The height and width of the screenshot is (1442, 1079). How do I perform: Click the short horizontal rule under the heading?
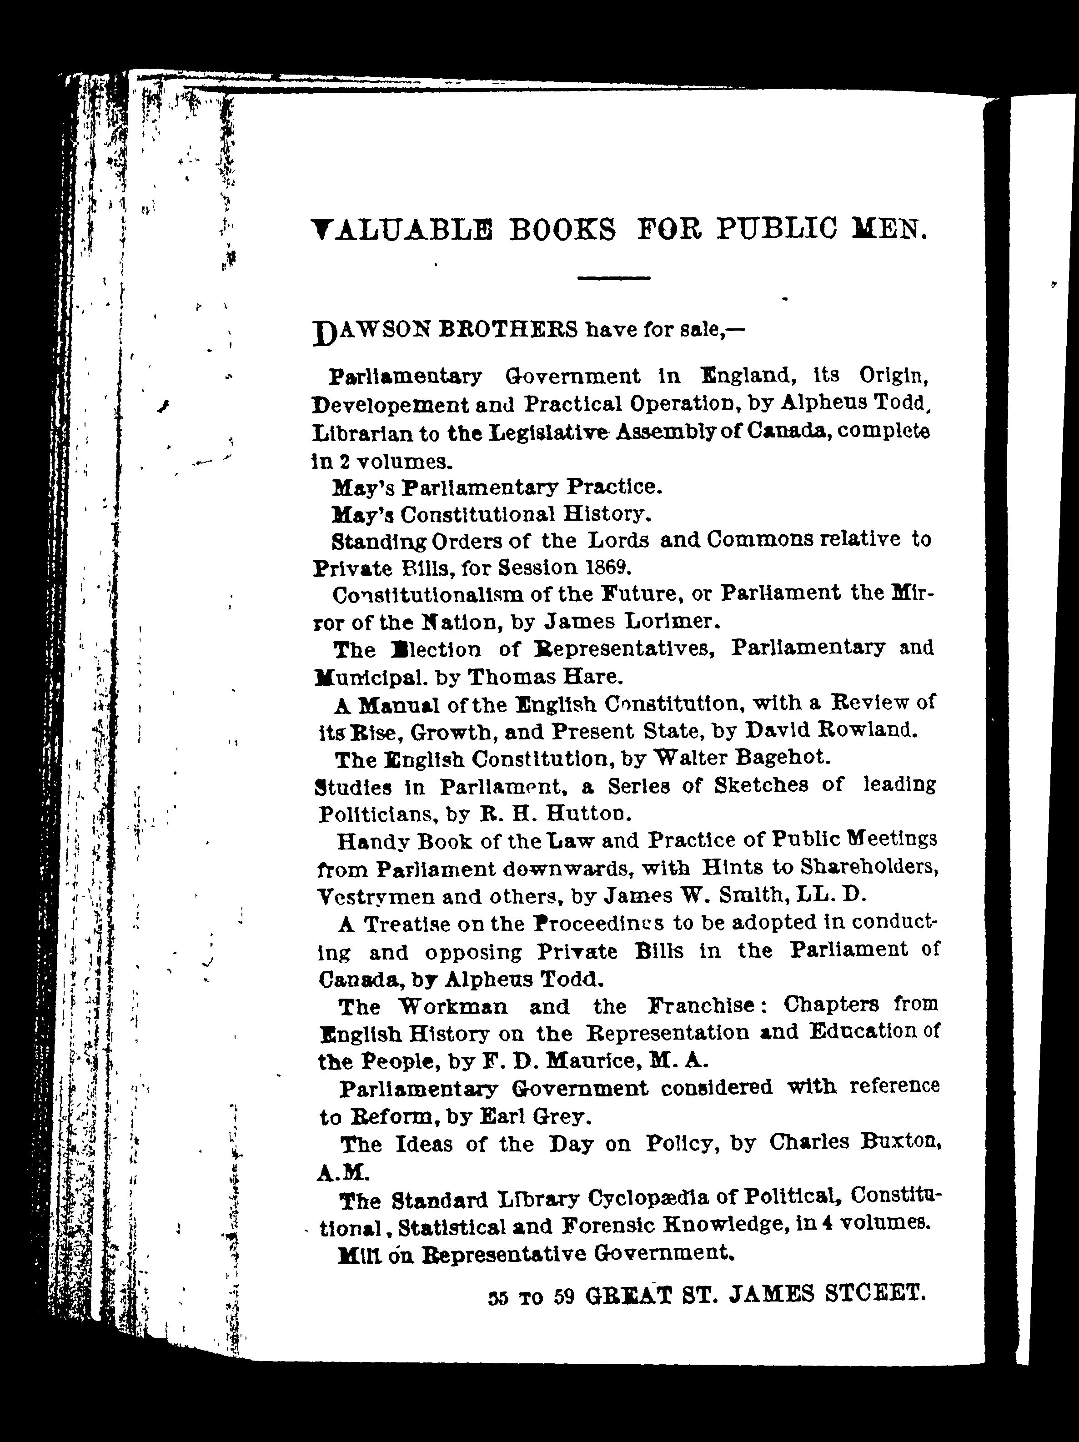(613, 278)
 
